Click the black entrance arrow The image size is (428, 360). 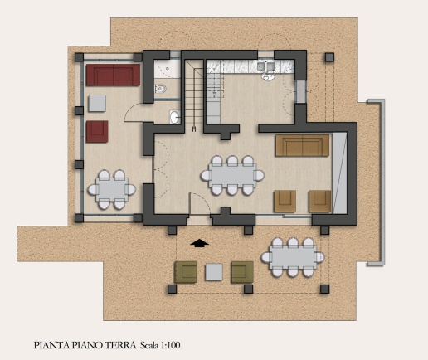point(200,243)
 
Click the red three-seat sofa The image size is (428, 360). point(113,75)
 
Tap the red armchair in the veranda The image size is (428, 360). point(97,132)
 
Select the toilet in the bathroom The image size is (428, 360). point(161,89)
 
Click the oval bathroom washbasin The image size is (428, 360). point(174,117)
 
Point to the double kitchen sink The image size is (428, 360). point(265,66)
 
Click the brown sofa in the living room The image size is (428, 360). point(303,145)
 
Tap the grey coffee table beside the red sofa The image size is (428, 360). point(97,104)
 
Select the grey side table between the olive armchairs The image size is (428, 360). point(214,272)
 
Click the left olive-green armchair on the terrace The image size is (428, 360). point(185,272)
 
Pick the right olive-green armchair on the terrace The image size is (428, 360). point(242,272)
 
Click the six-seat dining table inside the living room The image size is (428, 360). point(232,176)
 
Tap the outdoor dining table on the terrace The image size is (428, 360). point(293,257)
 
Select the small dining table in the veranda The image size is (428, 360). point(112,190)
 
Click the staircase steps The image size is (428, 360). point(194,94)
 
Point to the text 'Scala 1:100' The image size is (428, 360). point(160,345)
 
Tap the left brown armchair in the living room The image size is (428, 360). point(285,202)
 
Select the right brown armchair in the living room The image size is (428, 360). point(319,202)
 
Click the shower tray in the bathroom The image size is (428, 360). point(167,69)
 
